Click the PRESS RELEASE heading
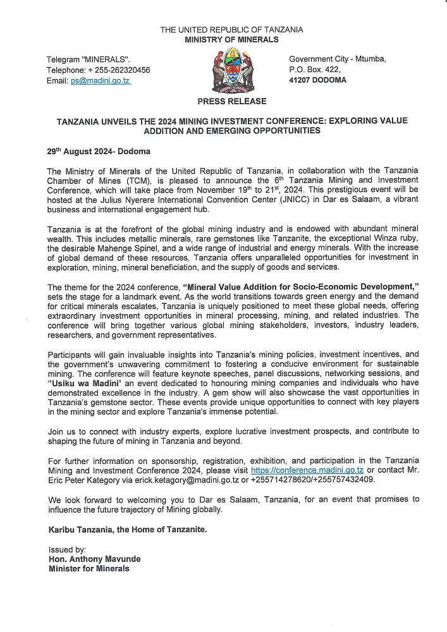click(231, 101)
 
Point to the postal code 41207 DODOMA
click(317, 80)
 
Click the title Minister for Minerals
click(89, 569)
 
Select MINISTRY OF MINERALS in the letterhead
click(231, 39)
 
